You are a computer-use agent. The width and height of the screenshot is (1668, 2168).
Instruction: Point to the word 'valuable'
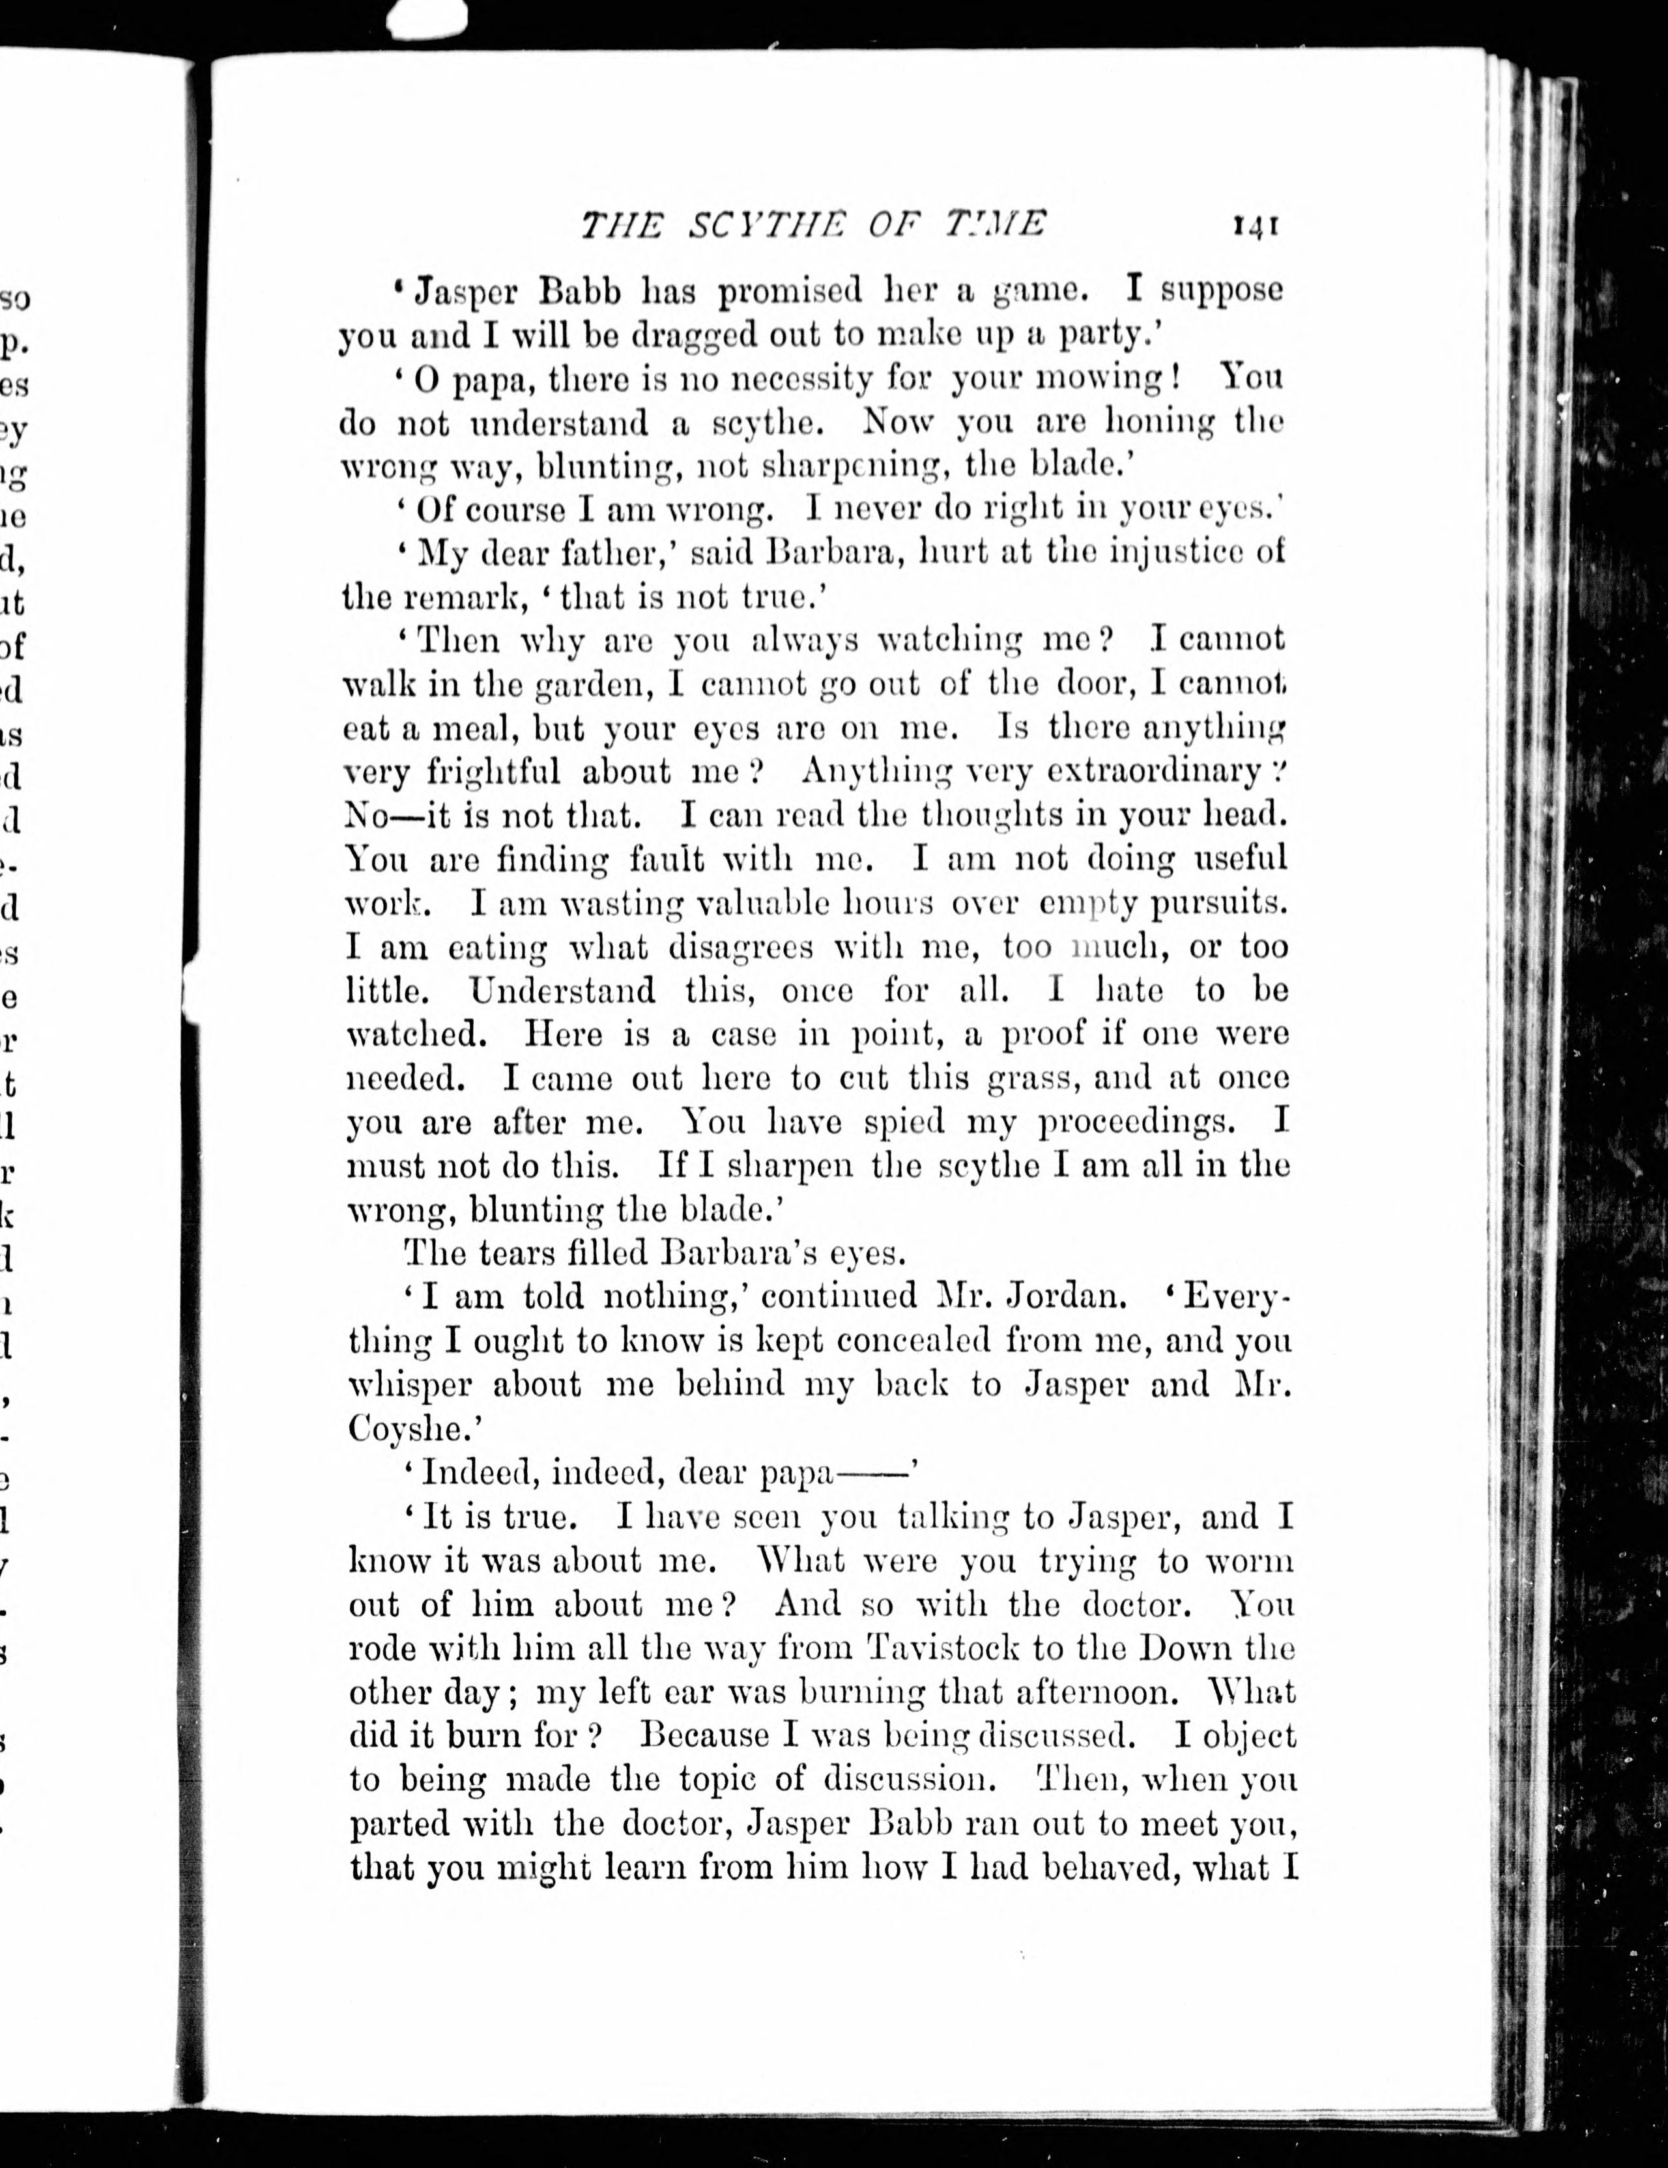click(764, 904)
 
